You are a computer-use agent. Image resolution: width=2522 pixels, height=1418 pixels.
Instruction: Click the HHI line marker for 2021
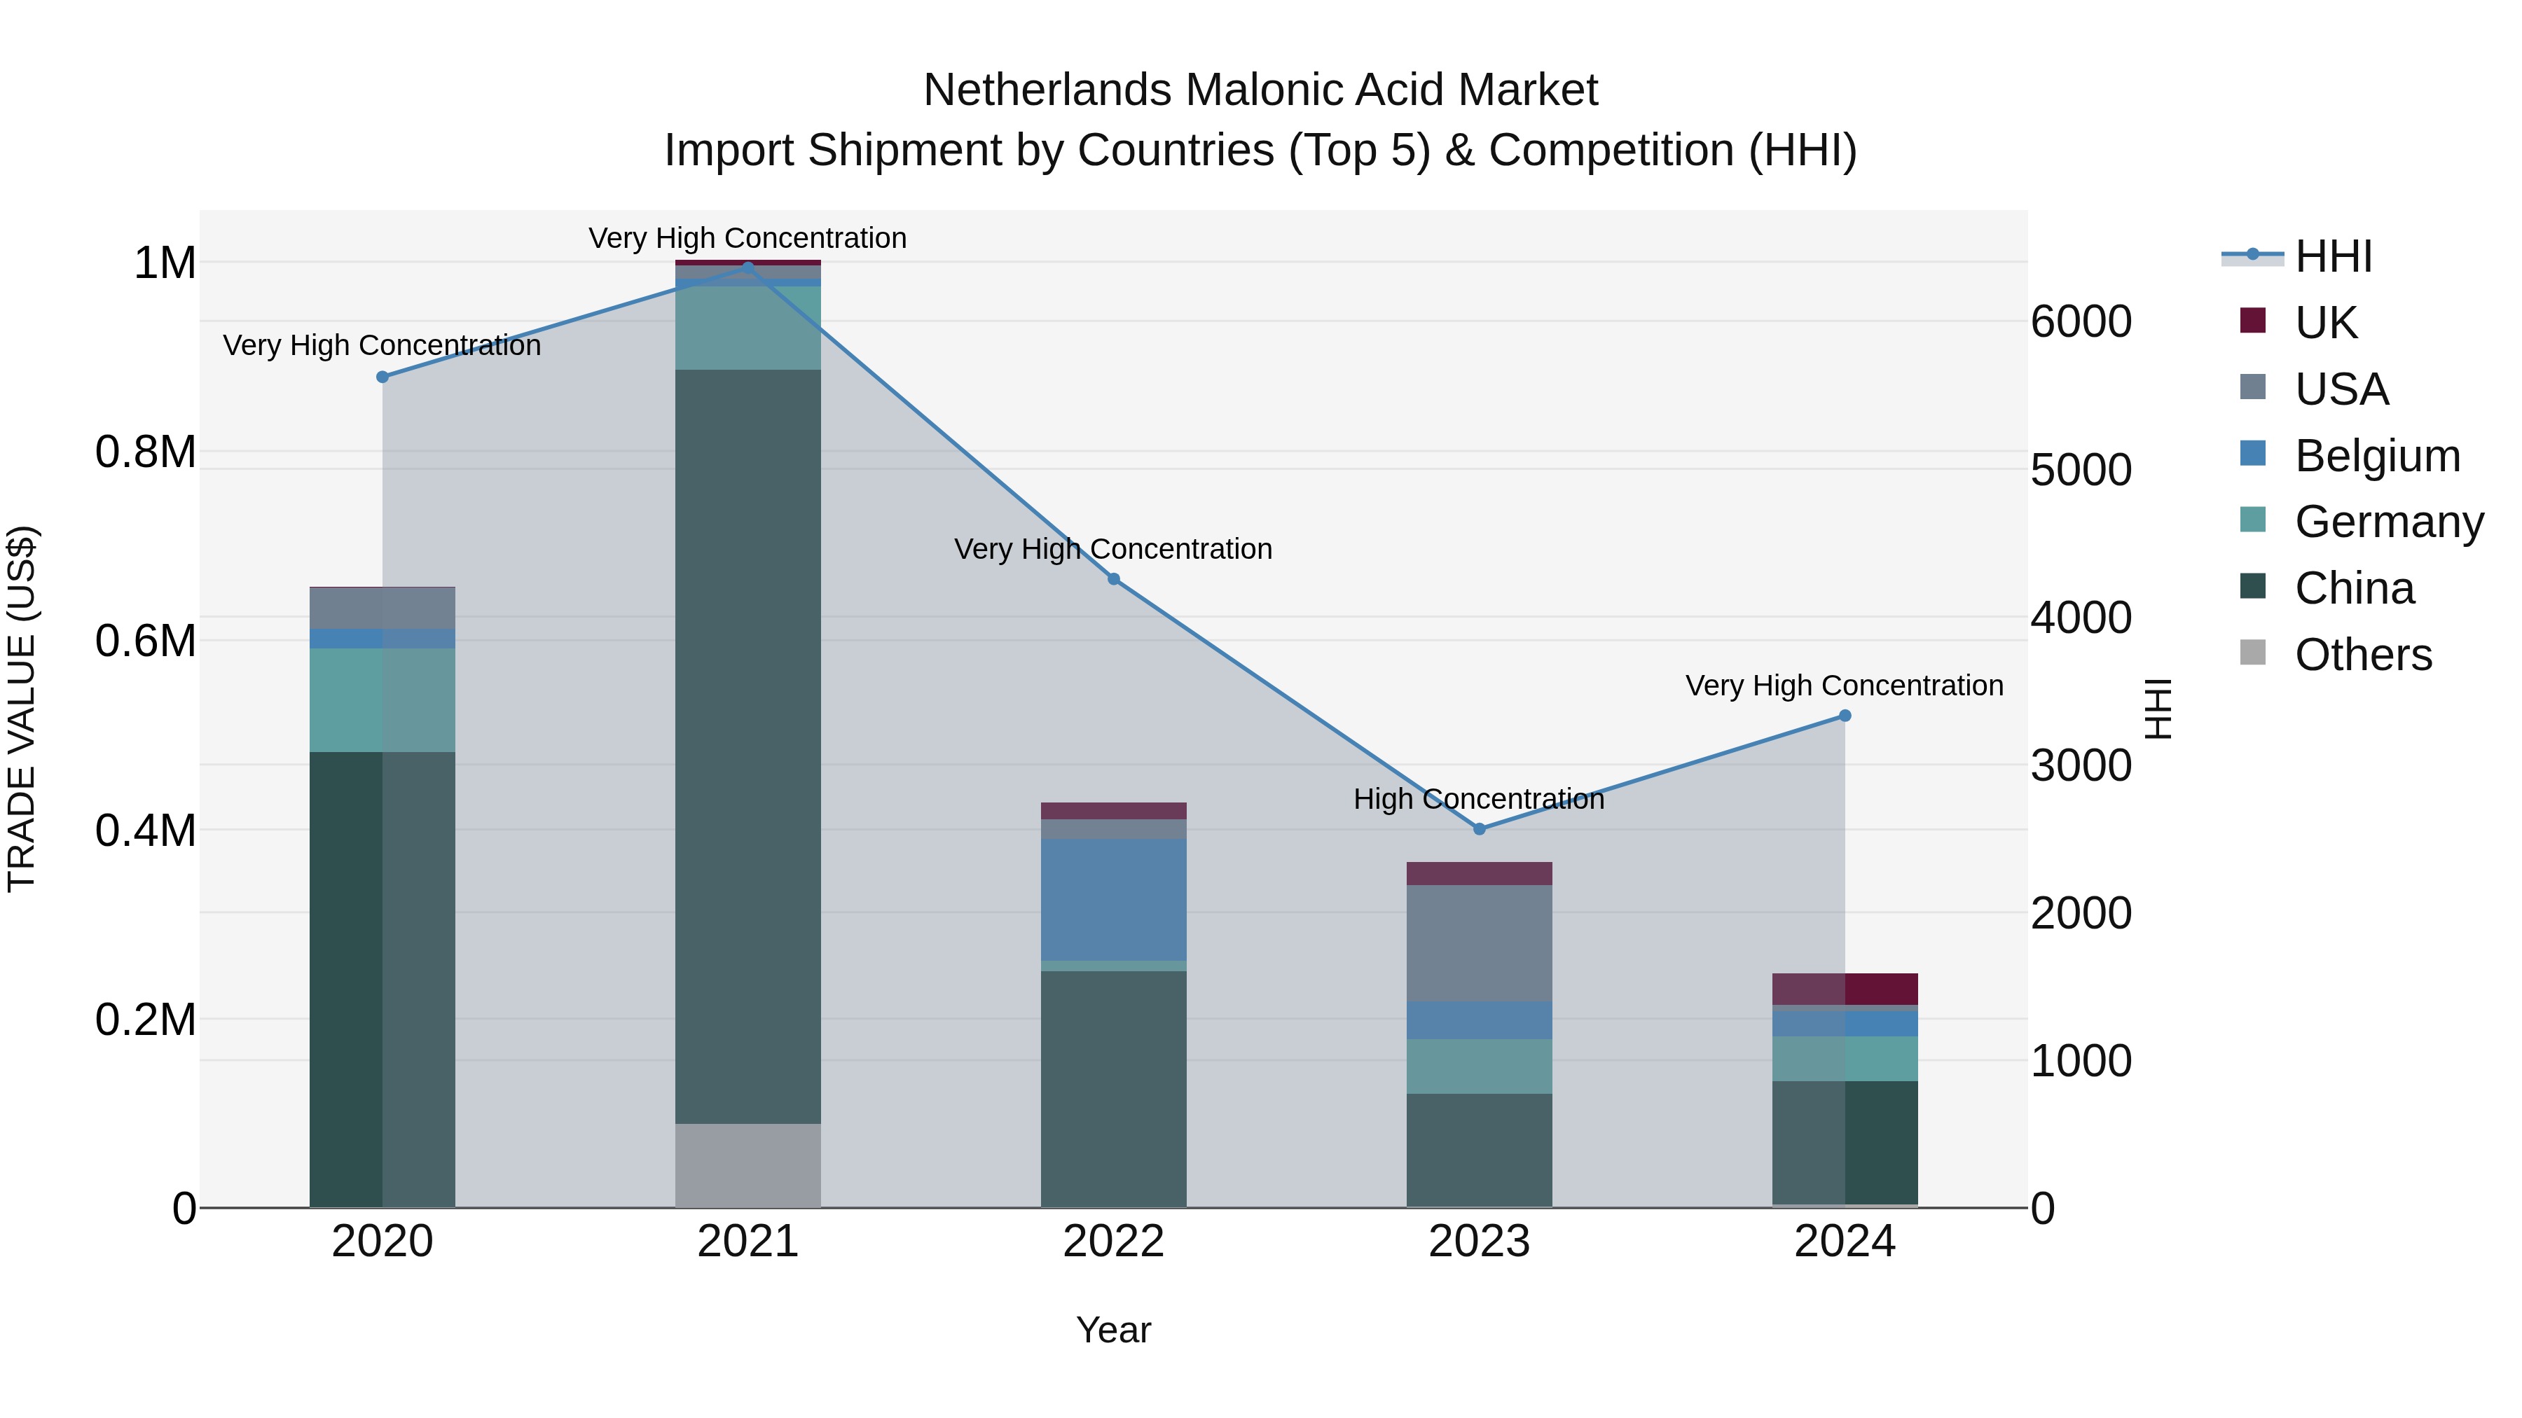748,267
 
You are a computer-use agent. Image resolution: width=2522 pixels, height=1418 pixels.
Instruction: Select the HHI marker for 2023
1480,829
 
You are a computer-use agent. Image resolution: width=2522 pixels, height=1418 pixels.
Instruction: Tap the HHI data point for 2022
1113,579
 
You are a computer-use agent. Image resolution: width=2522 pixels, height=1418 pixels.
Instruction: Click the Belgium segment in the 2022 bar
1113,898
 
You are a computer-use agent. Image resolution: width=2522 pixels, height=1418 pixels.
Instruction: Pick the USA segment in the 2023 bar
1480,943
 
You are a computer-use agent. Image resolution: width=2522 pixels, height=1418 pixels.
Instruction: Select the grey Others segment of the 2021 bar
748,1165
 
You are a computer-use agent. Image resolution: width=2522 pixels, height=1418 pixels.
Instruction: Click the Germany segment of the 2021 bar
748,328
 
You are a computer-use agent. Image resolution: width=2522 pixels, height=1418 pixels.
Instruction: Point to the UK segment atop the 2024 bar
1845,988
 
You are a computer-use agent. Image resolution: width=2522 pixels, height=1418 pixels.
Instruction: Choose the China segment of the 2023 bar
1480,1150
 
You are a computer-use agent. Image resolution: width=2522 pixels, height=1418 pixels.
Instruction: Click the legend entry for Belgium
2376,456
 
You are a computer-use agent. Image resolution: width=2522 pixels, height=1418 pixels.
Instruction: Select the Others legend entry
2362,655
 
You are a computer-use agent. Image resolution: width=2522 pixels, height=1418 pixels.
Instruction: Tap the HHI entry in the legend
2333,256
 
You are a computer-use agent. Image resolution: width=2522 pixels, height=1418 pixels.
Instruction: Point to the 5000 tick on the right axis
2081,470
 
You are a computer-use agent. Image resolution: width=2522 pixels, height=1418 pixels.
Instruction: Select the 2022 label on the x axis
1113,1242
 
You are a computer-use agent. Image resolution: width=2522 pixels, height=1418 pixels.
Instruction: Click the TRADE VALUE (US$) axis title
22,709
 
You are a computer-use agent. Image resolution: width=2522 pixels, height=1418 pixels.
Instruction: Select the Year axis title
1113,1330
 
